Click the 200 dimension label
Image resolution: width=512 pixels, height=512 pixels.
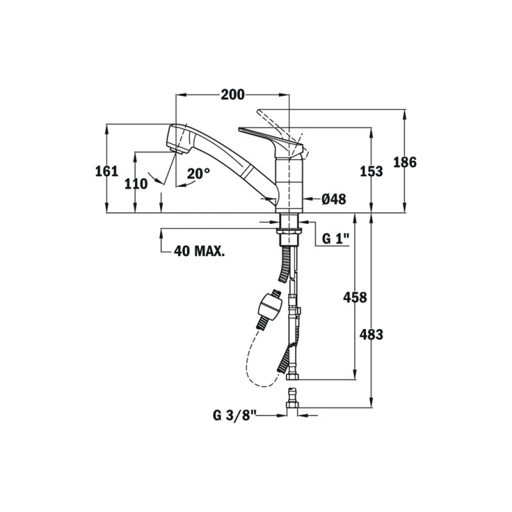pyautogui.click(x=232, y=95)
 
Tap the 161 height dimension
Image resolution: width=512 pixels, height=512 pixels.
pyautogui.click(x=106, y=171)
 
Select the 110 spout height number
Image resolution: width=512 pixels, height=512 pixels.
pyautogui.click(x=136, y=184)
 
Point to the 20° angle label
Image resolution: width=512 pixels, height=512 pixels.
pyautogui.click(x=198, y=173)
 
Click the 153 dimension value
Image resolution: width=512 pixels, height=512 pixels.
pyautogui.click(x=371, y=171)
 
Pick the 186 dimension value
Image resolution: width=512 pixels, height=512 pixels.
pyautogui.click(x=405, y=163)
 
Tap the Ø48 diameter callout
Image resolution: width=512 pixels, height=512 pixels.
pyautogui.click(x=333, y=199)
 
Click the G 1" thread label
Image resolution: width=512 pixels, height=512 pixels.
pyautogui.click(x=335, y=239)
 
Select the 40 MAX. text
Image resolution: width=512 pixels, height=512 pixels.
pyautogui.click(x=199, y=251)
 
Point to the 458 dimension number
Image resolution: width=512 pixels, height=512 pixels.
pyautogui.click(x=355, y=297)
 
